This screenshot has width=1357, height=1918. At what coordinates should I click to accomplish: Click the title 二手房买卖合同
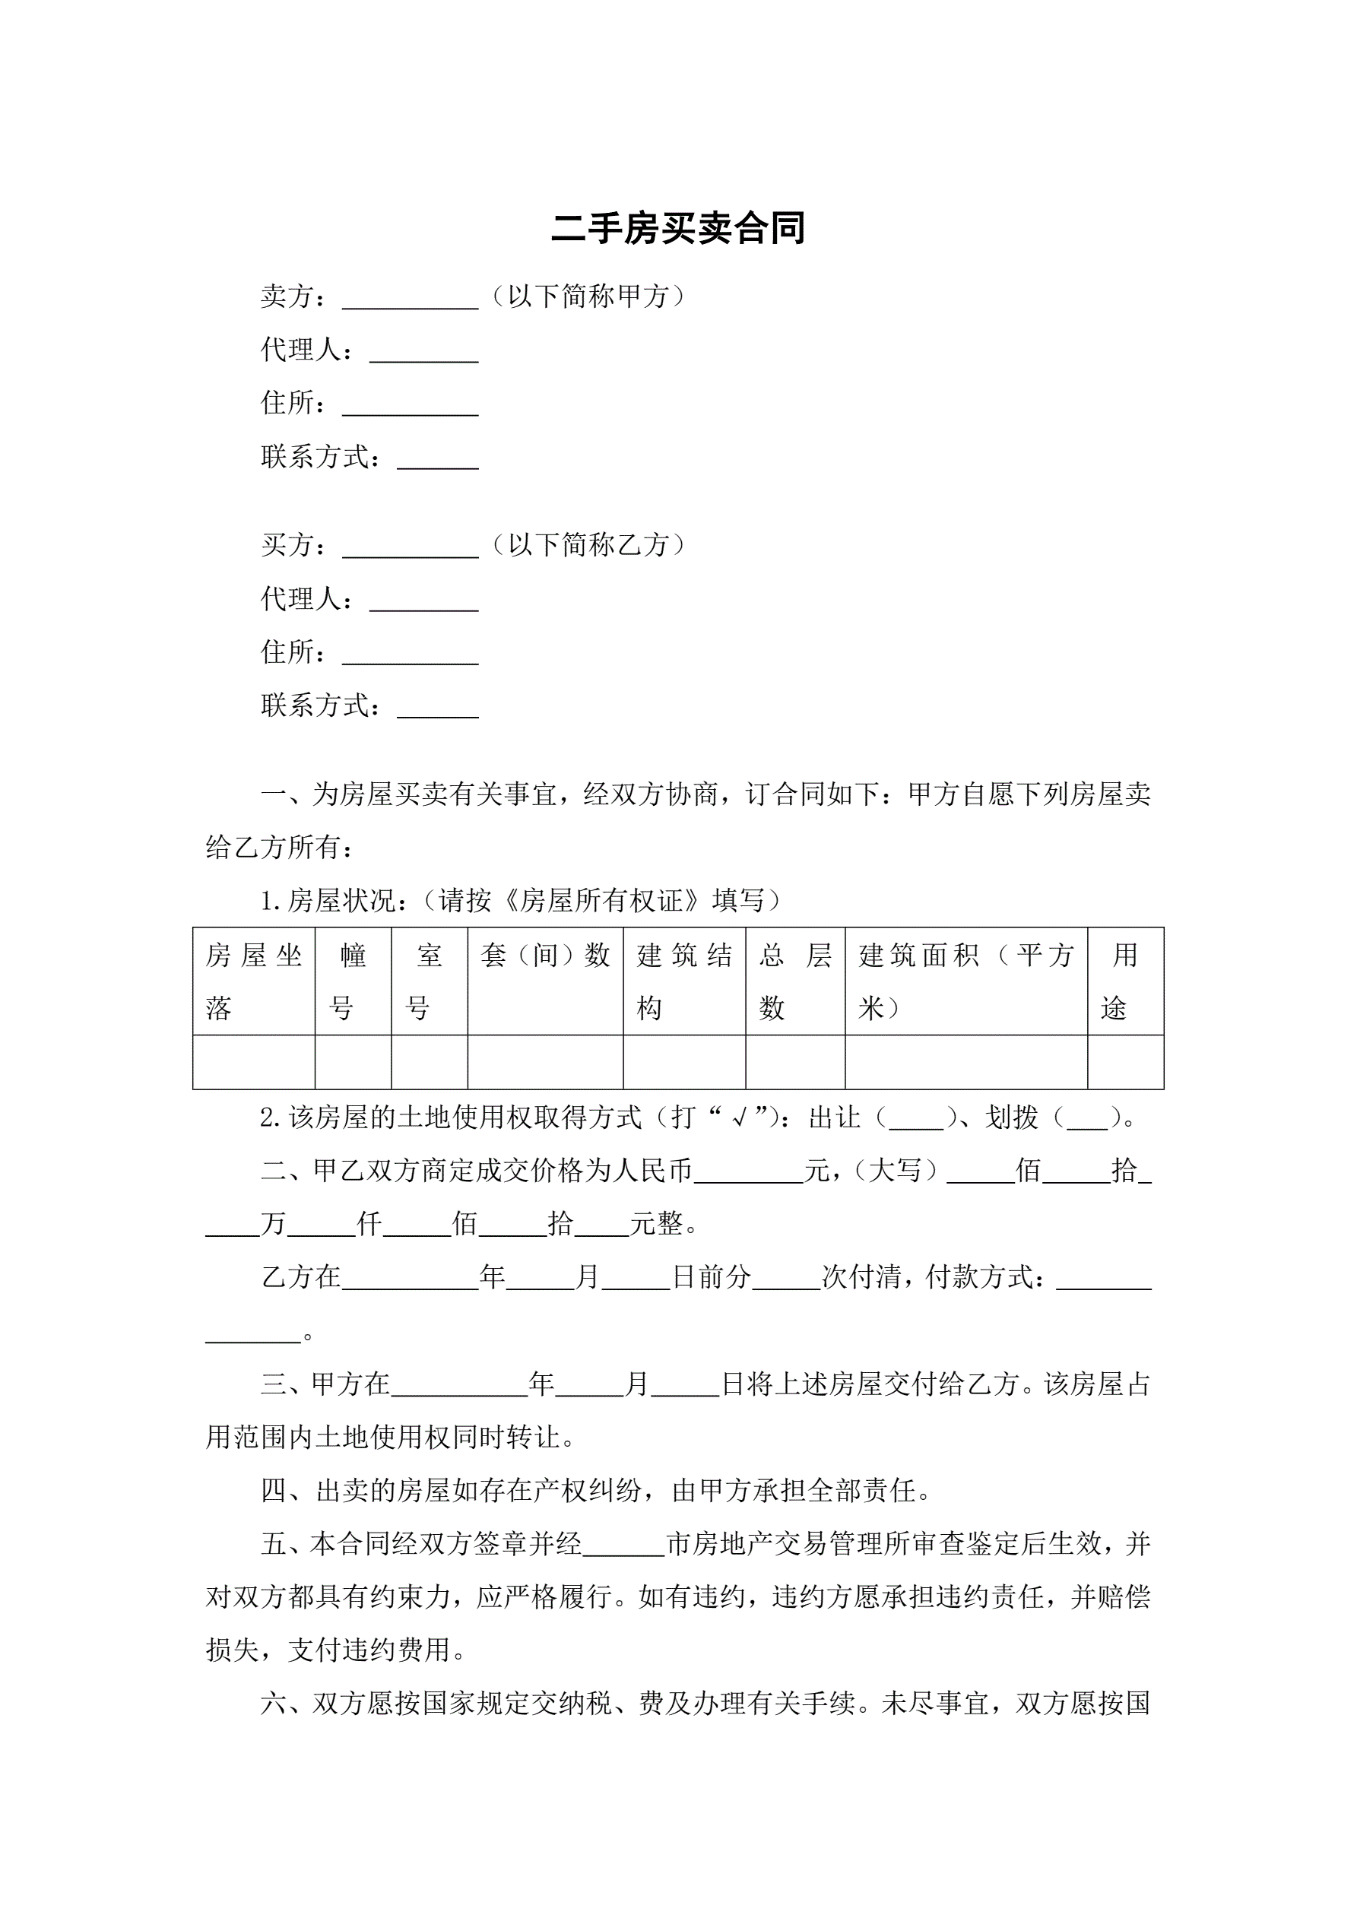coord(677,228)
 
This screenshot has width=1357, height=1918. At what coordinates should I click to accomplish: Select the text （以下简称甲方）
coord(588,296)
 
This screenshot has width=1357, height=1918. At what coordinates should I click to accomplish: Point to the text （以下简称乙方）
coord(588,544)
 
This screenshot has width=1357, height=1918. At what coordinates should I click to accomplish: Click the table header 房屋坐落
coord(253,981)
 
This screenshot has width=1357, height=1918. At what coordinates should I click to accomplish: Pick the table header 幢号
coord(353,981)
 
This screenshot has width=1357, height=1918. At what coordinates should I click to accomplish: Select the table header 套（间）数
coord(545,955)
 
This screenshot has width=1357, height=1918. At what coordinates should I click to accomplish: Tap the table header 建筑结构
coord(683,981)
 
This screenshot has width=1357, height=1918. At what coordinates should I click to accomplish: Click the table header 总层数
coord(794,981)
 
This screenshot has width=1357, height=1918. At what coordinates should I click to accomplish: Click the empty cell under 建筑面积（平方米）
coord(966,1062)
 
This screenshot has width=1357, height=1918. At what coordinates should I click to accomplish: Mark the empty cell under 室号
coord(429,1062)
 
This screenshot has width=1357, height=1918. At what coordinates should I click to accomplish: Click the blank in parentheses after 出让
coord(916,1119)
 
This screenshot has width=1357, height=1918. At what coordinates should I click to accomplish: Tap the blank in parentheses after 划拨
coord(1087,1119)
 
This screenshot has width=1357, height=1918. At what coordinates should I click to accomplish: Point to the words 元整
coord(656,1224)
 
